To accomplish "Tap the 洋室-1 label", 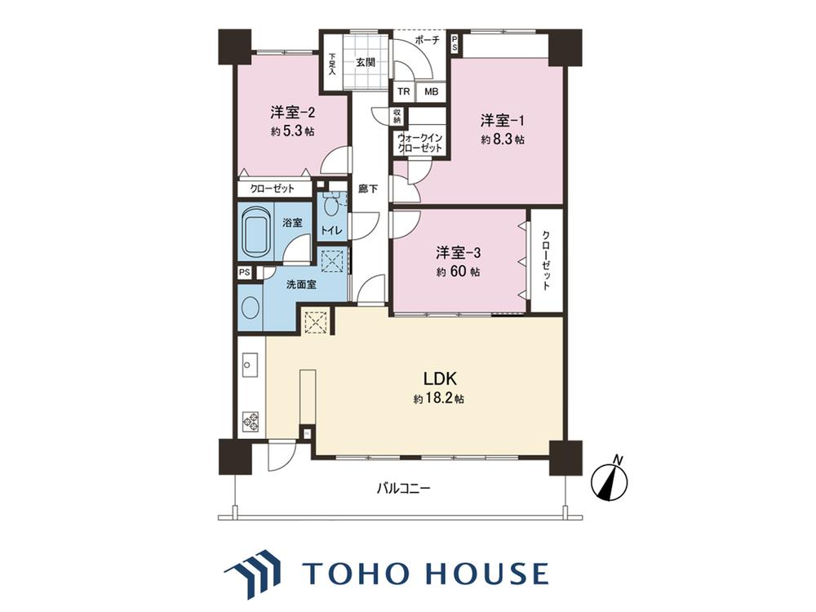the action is [x=502, y=121].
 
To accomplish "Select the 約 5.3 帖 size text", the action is [x=292, y=131].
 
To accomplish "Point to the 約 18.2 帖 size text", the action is [x=439, y=399].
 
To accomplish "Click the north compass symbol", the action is [x=610, y=479].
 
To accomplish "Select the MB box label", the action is [x=431, y=92].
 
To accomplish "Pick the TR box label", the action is [x=404, y=92].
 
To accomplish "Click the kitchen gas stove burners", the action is [x=251, y=422].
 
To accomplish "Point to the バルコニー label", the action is [x=403, y=489].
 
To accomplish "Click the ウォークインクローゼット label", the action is [x=419, y=144].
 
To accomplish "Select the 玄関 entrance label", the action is [x=366, y=63].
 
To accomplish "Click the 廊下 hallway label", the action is [x=368, y=189].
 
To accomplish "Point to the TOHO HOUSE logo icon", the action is [x=252, y=574].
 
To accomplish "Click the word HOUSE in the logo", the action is [x=487, y=574].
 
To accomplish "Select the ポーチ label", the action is [x=428, y=40].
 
